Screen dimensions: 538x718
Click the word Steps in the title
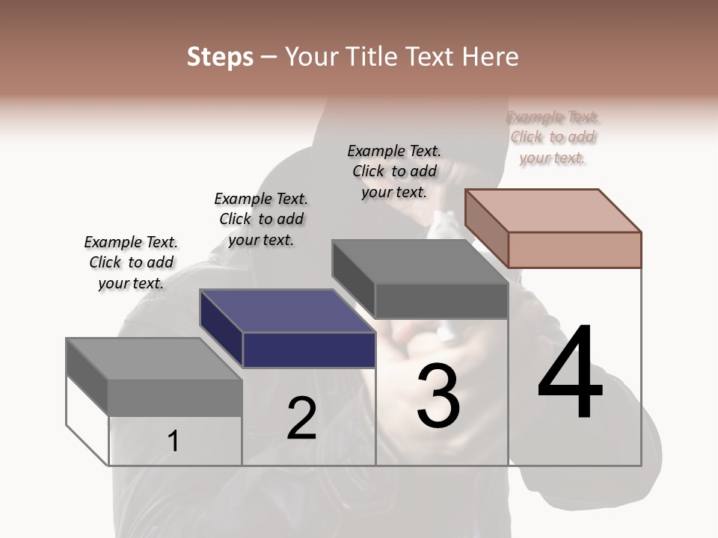tap(220, 57)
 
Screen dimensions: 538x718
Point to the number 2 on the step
tap(301, 418)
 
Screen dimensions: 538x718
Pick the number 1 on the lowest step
tap(174, 442)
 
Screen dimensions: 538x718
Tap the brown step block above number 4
tap(553, 210)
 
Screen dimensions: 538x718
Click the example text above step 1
tap(131, 262)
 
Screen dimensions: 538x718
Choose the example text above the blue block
tap(261, 219)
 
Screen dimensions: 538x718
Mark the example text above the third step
tap(394, 171)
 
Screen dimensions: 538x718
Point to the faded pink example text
tap(553, 137)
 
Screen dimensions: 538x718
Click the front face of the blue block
tap(309, 350)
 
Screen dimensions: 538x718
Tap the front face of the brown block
tap(574, 250)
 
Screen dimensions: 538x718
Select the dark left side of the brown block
tap(486, 229)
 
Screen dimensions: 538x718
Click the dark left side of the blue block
tap(221, 329)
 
